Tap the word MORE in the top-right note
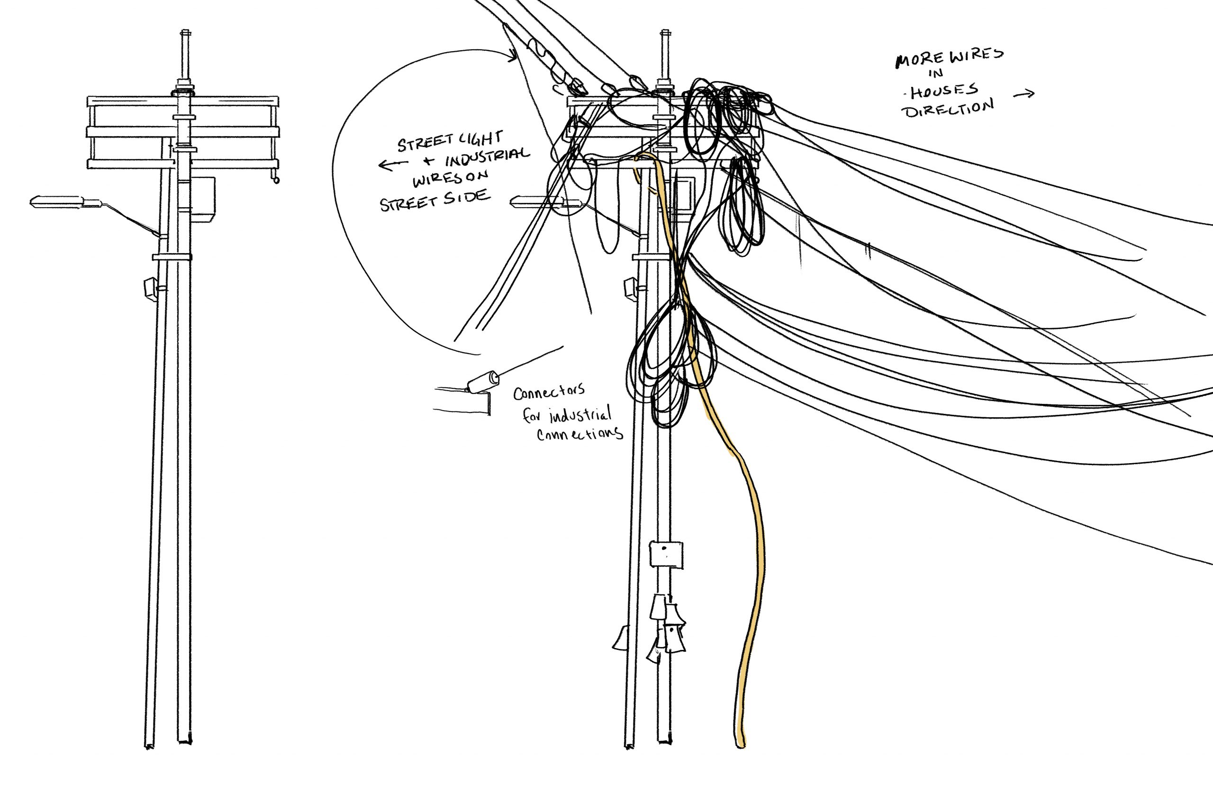pyautogui.click(x=914, y=60)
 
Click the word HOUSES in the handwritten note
pyautogui.click(x=944, y=92)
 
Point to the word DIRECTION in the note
pyautogui.click(x=949, y=108)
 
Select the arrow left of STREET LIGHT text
pyautogui.click(x=393, y=164)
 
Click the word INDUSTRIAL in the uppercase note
pyautogui.click(x=488, y=157)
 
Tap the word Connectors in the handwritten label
pyautogui.click(x=549, y=392)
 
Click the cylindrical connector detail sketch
pyautogui.click(x=483, y=381)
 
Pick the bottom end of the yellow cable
pyautogui.click(x=741, y=745)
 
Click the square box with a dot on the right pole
pyautogui.click(x=666, y=554)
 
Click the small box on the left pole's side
pyautogui.click(x=150, y=289)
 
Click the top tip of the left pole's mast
pyautogui.click(x=185, y=32)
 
